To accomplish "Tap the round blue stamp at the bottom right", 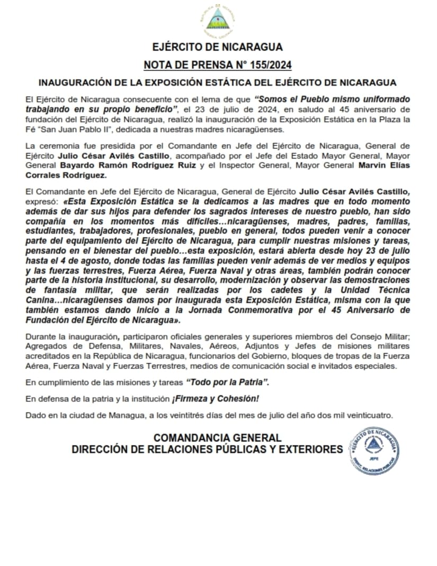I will coord(374,451).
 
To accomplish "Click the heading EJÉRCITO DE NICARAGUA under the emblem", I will coord(217,47).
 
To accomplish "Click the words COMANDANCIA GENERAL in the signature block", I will coord(217,438).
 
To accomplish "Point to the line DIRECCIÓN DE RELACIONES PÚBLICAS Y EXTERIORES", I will coord(208,450).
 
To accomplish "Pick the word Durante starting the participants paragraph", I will coord(40,336).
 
